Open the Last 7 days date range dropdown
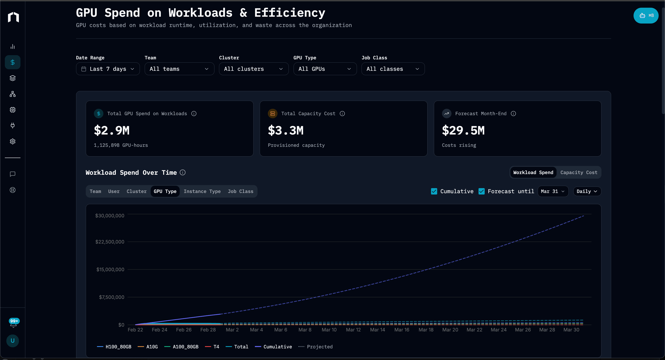point(108,69)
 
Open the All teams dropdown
point(179,69)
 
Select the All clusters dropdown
point(254,69)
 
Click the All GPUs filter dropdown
point(325,69)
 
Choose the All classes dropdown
point(393,69)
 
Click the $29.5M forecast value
point(463,131)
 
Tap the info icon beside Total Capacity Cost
point(342,114)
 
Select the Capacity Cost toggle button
point(579,172)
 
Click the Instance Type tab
point(202,191)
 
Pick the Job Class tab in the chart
point(240,191)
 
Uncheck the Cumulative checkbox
point(434,191)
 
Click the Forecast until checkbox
point(481,191)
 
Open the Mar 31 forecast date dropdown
point(553,191)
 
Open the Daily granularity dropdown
point(587,191)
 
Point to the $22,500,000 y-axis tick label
point(110,242)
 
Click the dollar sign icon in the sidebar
point(12,62)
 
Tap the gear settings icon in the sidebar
point(12,141)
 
